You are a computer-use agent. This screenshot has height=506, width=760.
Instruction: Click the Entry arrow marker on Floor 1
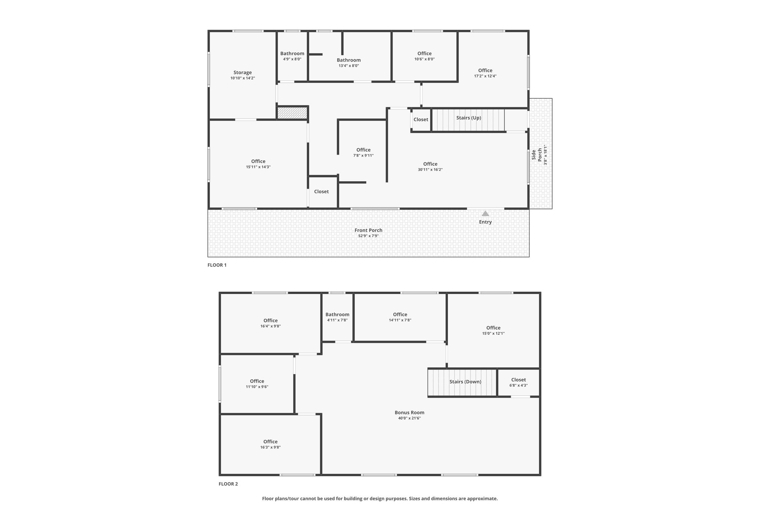click(485, 214)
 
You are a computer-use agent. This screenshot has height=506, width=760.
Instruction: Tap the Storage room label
click(243, 73)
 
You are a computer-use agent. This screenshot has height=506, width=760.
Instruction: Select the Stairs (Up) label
click(469, 118)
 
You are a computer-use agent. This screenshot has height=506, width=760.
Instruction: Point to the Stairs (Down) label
click(465, 382)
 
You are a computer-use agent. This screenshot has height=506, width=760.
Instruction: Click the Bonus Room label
click(409, 413)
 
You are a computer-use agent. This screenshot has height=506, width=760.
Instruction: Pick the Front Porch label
click(368, 230)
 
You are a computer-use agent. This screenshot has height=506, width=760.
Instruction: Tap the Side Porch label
click(537, 155)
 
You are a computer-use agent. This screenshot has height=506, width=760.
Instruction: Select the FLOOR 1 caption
click(217, 265)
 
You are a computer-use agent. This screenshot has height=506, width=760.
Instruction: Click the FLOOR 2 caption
click(228, 484)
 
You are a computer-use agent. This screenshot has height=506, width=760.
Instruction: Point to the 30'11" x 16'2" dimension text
click(430, 169)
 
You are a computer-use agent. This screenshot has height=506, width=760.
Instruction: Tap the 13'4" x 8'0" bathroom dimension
click(349, 66)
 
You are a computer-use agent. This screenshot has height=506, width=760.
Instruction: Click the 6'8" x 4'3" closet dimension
click(518, 385)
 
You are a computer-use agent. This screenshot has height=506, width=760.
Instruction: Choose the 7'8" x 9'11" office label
click(363, 155)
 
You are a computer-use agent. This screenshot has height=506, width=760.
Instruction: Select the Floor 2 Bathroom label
click(337, 315)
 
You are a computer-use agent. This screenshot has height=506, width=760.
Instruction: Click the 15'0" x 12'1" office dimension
click(493, 333)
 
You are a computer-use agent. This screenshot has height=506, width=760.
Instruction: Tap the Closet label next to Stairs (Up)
click(421, 120)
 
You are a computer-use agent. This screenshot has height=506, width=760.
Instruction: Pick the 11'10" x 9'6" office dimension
click(257, 387)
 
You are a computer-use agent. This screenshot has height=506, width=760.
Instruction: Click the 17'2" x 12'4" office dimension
click(485, 76)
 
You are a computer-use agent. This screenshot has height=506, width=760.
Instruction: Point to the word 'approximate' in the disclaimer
click(483, 499)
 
